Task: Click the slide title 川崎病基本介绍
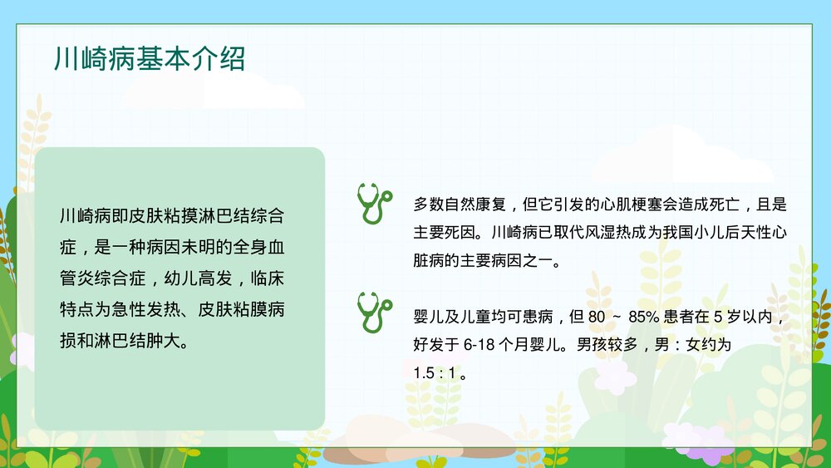(x=149, y=59)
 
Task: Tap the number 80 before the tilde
(x=597, y=317)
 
